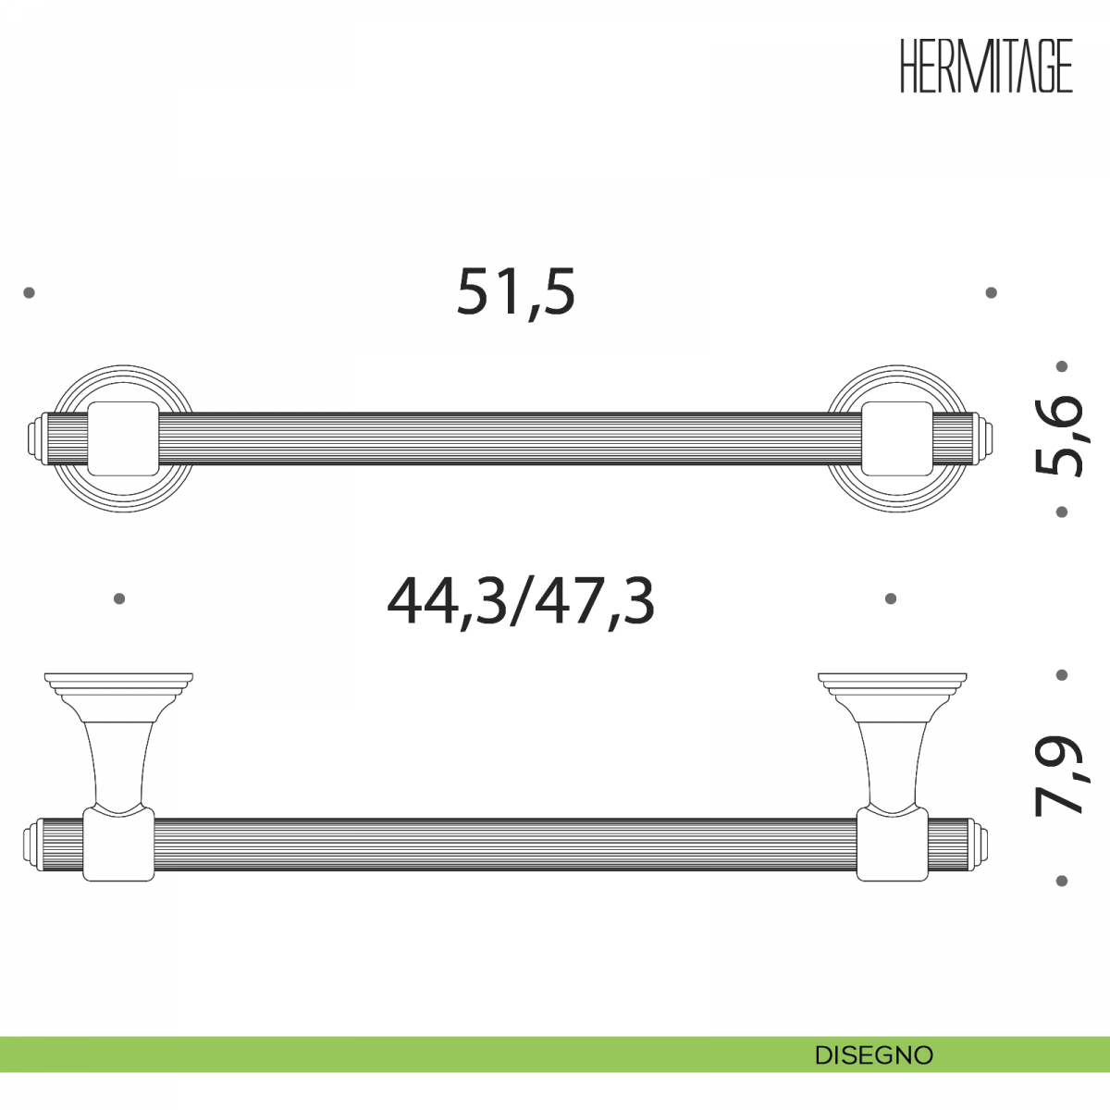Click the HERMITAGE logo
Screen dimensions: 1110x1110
pos(986,66)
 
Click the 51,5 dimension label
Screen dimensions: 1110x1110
pos(516,292)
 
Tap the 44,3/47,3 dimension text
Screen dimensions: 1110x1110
pos(521,602)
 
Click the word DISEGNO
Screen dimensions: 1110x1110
pos(874,1055)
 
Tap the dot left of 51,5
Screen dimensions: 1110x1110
pos(29,292)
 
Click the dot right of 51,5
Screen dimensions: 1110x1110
pos(992,292)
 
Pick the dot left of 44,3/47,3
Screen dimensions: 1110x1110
pos(119,598)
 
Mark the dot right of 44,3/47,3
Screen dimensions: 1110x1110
pos(891,598)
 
